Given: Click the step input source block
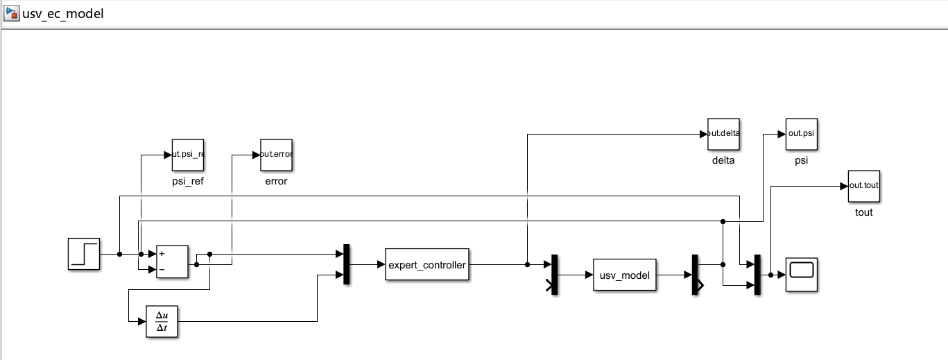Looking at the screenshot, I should [x=84, y=254].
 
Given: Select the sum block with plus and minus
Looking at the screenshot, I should [x=172, y=262].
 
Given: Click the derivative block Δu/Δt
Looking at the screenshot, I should [x=162, y=321].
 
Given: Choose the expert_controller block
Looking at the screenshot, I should [x=426, y=264].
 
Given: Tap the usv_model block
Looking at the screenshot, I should [x=624, y=275].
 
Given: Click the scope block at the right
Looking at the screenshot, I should [x=801, y=275].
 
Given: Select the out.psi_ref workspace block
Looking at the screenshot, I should [x=188, y=155].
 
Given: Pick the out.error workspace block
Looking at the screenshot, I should [x=276, y=155].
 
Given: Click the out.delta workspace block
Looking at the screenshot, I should [x=723, y=134].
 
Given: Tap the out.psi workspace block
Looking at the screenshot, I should [x=801, y=134].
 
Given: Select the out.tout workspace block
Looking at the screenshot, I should [x=863, y=185].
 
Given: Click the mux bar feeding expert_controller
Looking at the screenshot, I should [x=347, y=264].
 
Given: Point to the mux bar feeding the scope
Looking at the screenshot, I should [x=757, y=275].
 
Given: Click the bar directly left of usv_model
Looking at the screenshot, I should [x=554, y=275].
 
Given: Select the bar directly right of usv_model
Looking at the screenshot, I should [x=696, y=275].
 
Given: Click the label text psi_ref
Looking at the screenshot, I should [x=188, y=181].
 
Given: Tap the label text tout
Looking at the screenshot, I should [x=863, y=212].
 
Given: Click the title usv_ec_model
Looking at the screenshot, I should [x=63, y=13].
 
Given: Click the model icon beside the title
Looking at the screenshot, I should [x=11, y=13].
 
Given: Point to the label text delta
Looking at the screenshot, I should [x=723, y=160].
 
